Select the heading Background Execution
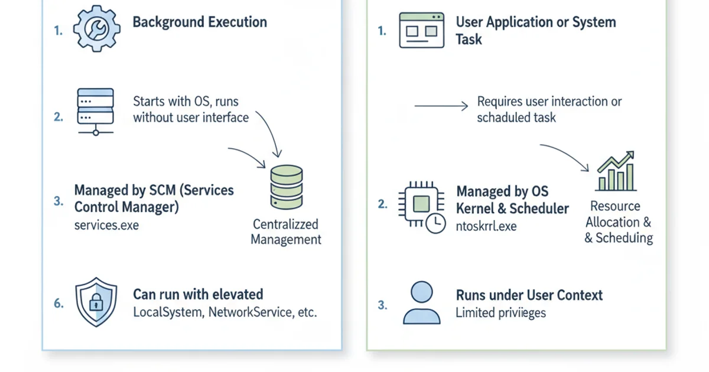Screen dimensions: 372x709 [200, 22]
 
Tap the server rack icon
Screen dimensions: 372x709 [95, 112]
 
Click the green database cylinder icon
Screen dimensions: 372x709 [286, 186]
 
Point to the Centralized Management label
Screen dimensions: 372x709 [286, 231]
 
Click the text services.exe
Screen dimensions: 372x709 [106, 226]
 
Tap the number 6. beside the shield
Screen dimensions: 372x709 [58, 304]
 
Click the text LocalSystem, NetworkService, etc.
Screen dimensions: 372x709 [225, 312]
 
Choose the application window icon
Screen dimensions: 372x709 [421, 30]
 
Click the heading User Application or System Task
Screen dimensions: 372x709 [535, 31]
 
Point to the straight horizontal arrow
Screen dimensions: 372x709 [441, 106]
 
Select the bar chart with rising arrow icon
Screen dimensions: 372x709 [616, 171]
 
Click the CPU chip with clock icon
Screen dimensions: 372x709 [421, 207]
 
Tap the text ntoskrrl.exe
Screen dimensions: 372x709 [486, 226]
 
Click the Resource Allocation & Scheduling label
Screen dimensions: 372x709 [618, 222]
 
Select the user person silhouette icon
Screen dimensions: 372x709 [421, 302]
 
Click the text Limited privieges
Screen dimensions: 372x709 [500, 312]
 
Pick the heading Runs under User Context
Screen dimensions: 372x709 [529, 295]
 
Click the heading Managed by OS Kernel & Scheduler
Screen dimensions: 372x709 [512, 200]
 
